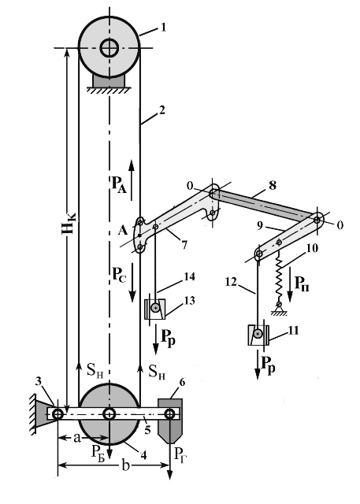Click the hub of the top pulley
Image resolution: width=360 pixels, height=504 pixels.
(x=109, y=48)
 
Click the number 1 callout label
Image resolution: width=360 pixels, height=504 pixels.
(x=163, y=28)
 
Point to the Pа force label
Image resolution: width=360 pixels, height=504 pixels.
(x=119, y=185)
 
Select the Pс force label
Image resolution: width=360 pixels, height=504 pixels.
(x=119, y=275)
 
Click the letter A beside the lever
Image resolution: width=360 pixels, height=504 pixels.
(x=123, y=230)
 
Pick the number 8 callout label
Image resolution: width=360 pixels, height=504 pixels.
(x=273, y=186)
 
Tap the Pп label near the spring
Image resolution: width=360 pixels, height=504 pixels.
(x=302, y=283)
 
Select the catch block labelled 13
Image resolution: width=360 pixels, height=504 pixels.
(x=155, y=309)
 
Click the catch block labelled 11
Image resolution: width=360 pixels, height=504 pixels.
(x=258, y=335)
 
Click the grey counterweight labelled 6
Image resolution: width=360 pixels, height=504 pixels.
(x=170, y=421)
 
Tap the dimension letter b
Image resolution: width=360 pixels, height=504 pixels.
(x=126, y=465)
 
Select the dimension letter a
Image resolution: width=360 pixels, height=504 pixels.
(x=76, y=438)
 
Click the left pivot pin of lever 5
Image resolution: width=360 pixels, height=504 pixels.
(x=58, y=414)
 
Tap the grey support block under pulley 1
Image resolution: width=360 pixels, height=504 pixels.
(x=109, y=80)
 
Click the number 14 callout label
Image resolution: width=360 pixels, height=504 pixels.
(x=190, y=276)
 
